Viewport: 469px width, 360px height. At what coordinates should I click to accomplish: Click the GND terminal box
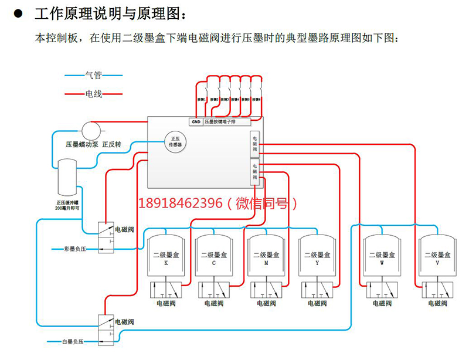click(196, 122)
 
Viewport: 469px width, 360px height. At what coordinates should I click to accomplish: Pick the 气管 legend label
click(94, 75)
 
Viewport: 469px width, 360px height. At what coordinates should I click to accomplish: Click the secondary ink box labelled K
click(166, 258)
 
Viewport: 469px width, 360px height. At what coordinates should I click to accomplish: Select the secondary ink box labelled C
click(215, 258)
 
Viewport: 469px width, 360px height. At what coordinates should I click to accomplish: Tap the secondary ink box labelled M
click(267, 258)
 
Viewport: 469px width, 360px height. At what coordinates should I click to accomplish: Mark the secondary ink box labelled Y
click(317, 258)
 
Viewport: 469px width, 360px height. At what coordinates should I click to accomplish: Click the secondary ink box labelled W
click(381, 258)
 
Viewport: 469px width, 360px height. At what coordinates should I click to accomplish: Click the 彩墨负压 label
click(75, 249)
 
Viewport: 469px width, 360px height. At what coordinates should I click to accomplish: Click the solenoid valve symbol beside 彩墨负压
click(106, 238)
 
